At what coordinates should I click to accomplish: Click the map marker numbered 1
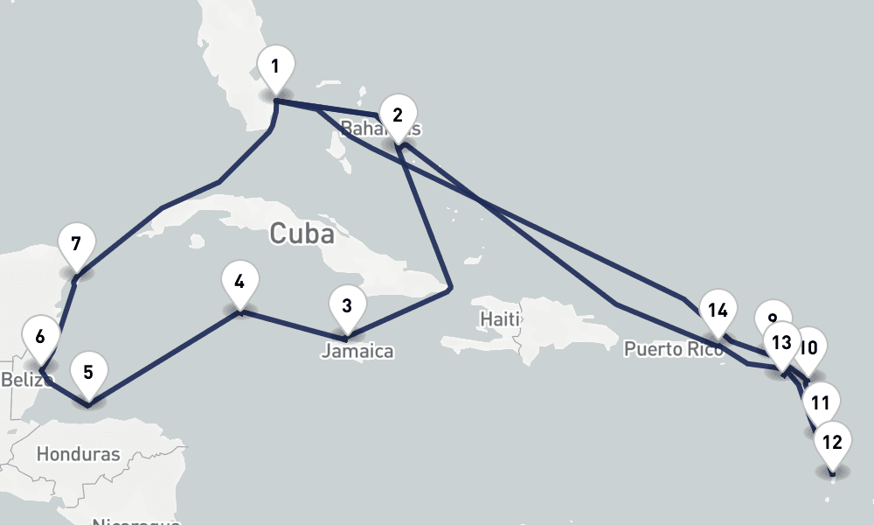pyautogui.click(x=276, y=66)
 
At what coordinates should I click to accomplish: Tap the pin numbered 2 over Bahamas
pyautogui.click(x=398, y=115)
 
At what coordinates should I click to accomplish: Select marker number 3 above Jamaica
pyautogui.click(x=347, y=306)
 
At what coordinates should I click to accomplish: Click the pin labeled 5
pyautogui.click(x=88, y=373)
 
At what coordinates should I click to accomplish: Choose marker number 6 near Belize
pyautogui.click(x=40, y=336)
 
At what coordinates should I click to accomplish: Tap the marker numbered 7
pyautogui.click(x=76, y=244)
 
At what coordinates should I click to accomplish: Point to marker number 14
pyautogui.click(x=718, y=311)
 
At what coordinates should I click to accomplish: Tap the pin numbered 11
pyautogui.click(x=820, y=403)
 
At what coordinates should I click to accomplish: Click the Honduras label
pyautogui.click(x=79, y=454)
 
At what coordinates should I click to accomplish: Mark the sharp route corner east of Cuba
pyautogui.click(x=450, y=287)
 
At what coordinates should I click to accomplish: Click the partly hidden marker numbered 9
pyautogui.click(x=770, y=316)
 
